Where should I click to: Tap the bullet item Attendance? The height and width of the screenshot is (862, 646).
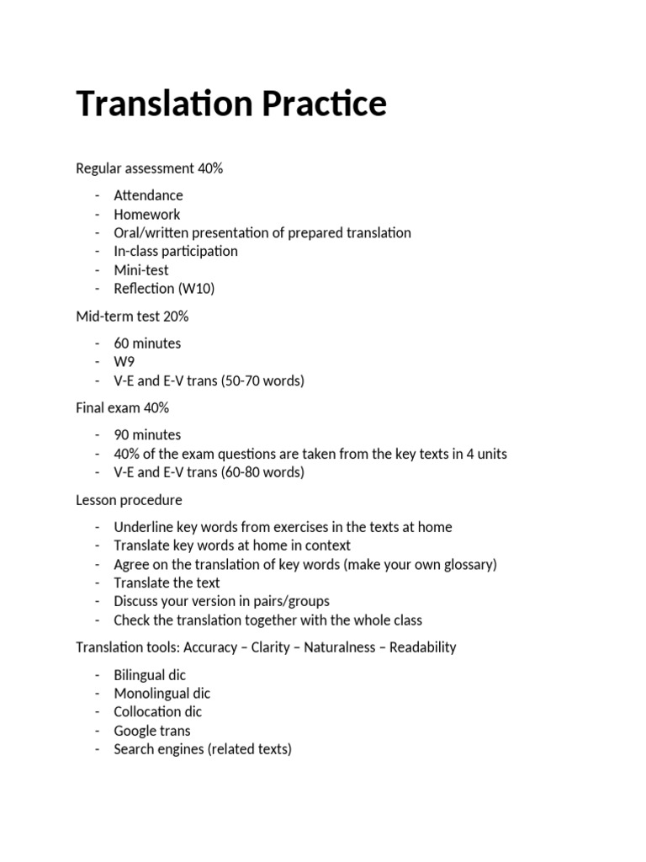point(148,195)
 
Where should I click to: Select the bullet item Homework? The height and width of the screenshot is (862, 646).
point(147,214)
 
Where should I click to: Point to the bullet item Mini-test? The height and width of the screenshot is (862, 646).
point(141,270)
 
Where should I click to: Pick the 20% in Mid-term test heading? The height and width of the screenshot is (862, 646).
point(177,317)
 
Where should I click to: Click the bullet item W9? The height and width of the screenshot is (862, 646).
point(124,362)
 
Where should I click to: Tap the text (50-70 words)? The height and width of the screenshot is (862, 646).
point(262,380)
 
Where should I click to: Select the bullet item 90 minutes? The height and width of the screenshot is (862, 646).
point(147,435)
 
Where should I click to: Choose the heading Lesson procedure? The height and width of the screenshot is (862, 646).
point(129,500)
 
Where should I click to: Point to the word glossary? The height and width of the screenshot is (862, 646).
point(466,564)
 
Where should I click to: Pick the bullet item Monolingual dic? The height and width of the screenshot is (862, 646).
point(162,693)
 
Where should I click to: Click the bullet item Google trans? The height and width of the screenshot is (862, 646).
point(152,730)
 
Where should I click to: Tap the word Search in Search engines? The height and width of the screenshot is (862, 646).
point(135,748)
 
